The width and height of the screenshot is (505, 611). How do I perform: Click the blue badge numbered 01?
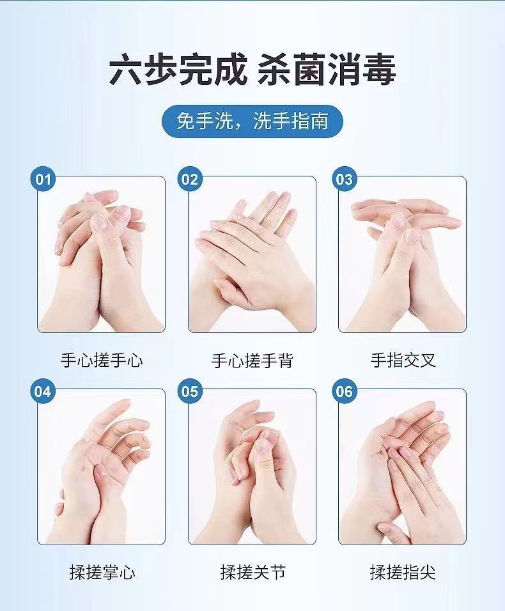pos(43,179)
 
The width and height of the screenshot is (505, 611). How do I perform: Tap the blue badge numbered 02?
pos(190,179)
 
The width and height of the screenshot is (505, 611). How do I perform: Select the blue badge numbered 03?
pos(345,179)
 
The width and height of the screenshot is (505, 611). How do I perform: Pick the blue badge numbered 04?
pos(43,391)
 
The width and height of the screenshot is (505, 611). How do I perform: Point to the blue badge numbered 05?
pos(190,391)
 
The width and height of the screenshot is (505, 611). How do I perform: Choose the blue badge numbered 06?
pos(345,391)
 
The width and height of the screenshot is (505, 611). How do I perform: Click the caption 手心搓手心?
pos(102,360)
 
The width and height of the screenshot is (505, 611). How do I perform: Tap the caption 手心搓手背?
pos(252,360)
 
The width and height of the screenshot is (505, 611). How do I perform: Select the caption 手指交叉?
pos(403,360)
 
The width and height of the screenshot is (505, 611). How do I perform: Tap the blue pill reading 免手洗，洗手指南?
pos(252,121)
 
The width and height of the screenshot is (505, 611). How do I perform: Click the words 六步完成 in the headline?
pos(178,70)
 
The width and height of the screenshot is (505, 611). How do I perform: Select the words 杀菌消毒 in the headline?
pos(327,70)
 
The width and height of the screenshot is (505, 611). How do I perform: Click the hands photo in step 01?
pos(101,254)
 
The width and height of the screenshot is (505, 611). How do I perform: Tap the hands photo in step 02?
pos(252,254)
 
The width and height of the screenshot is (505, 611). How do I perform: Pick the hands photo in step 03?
pos(403,254)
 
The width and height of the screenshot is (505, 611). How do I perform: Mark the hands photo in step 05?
pos(252,467)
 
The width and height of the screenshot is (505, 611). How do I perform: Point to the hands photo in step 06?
pos(403,467)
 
